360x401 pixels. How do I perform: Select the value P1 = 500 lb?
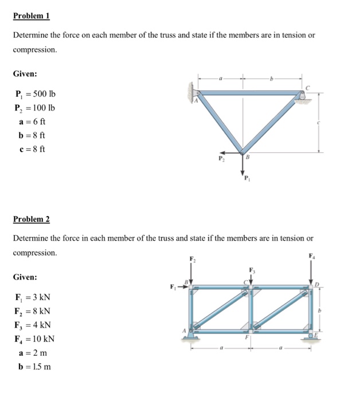click(x=35, y=94)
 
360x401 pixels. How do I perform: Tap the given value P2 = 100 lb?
click(x=35, y=108)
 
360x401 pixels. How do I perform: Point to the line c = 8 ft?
click(x=33, y=149)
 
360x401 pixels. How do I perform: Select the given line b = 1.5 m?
click(x=33, y=366)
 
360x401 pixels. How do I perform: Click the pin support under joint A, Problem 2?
click(x=191, y=337)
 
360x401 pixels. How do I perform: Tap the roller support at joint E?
click(x=312, y=337)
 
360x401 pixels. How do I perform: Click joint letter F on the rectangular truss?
click(x=248, y=338)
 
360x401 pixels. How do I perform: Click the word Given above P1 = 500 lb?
click(x=25, y=74)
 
